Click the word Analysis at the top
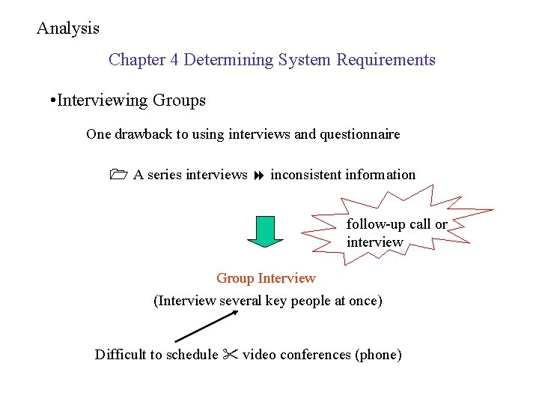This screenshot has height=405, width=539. coord(68,28)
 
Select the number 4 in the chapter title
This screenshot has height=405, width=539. coord(174,60)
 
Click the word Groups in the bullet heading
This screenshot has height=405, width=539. coord(178,100)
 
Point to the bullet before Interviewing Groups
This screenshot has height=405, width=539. coord(50,100)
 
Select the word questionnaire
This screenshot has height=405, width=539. coord(359,135)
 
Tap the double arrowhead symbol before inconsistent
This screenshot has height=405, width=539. coord(258,175)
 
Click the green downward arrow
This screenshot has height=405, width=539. coord(265,231)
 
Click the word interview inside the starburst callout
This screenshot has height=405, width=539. coord(374,242)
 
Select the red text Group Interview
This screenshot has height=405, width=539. coord(266,278)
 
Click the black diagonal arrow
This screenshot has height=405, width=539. coord(206,327)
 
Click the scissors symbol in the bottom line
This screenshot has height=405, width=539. coord(230,355)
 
